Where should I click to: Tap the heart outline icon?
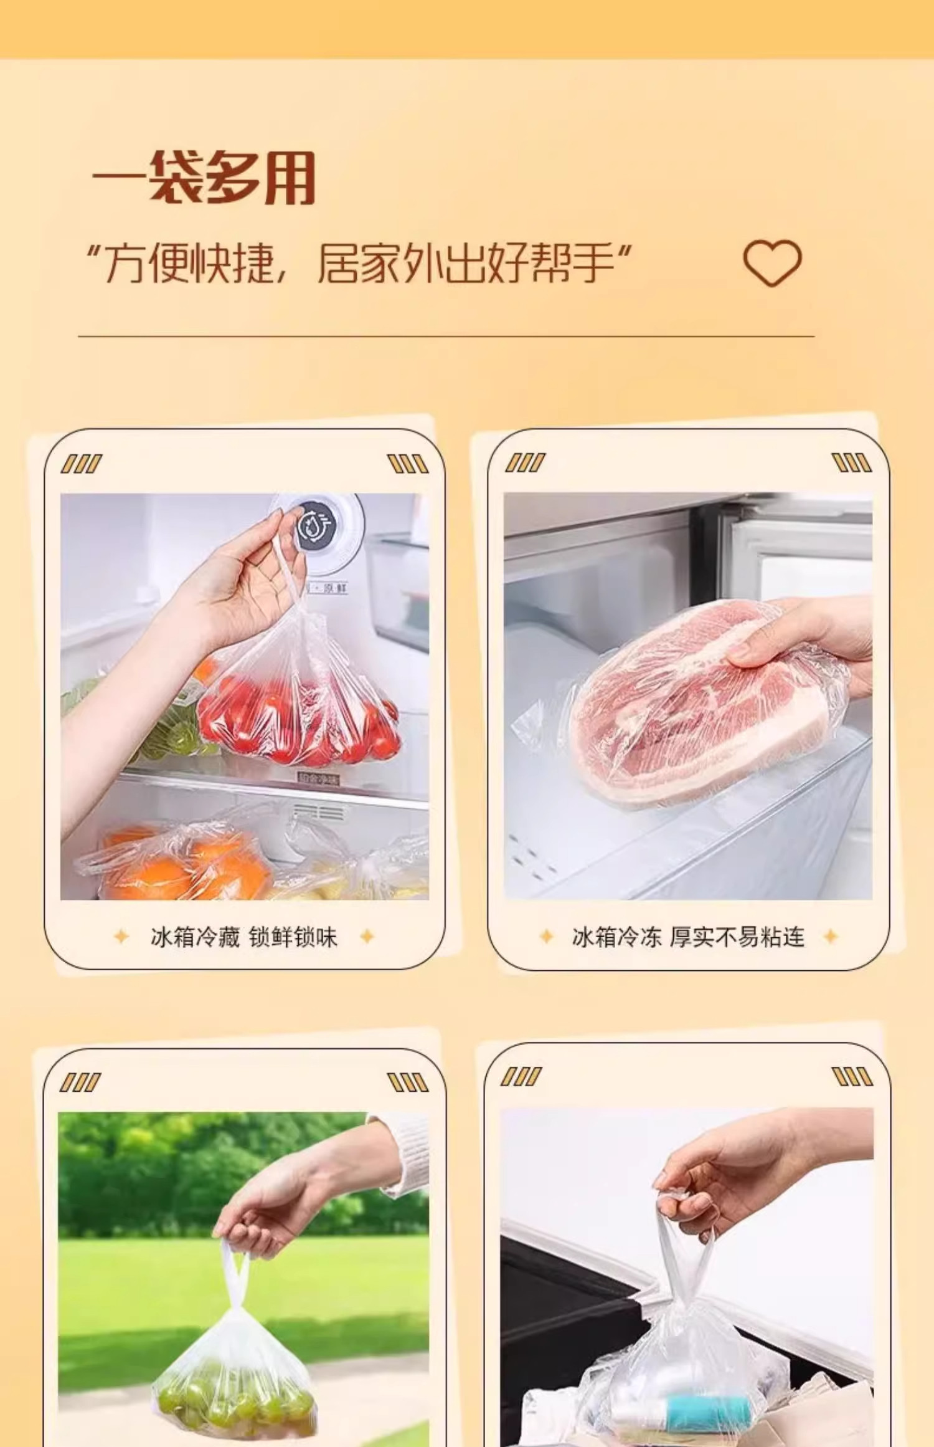pos(772,262)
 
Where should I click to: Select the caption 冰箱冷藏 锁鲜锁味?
pos(243,937)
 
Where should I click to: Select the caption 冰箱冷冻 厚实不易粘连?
pos(688,937)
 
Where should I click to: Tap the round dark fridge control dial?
pos(318,527)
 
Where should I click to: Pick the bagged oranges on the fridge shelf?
pos(181,863)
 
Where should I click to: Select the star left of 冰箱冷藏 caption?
pos(121,936)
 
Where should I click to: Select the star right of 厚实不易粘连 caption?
pos(831,936)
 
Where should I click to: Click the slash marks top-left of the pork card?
pos(525,462)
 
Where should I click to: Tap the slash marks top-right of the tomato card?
pos(408,464)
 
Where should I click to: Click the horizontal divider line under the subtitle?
pos(446,337)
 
